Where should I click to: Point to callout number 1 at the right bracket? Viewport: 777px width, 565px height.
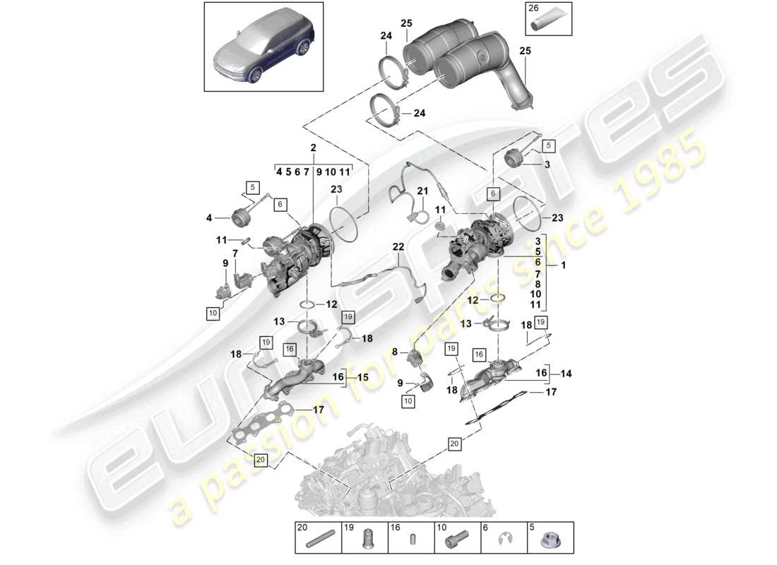pyautogui.click(x=563, y=266)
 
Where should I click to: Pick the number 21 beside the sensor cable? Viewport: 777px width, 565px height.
pyautogui.click(x=422, y=191)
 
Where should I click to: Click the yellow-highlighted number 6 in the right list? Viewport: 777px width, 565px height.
pyautogui.click(x=538, y=261)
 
